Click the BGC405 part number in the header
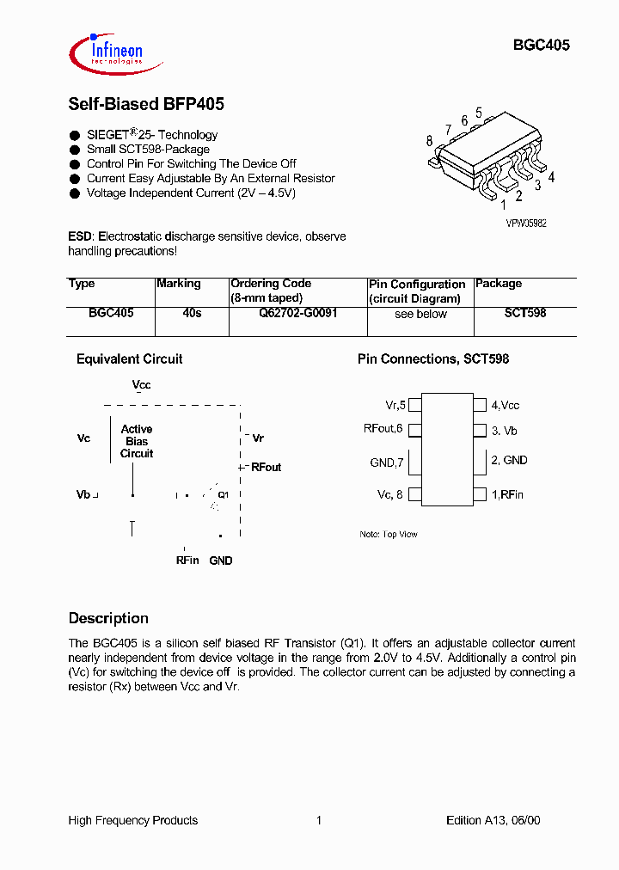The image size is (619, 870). tap(542, 46)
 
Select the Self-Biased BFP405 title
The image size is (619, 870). tap(146, 104)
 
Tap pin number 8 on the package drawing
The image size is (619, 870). tap(429, 141)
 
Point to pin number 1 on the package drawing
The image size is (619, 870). tap(504, 205)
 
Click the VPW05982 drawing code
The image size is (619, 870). tap(526, 223)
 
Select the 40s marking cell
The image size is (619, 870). tap(192, 314)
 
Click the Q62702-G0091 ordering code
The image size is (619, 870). tap(297, 314)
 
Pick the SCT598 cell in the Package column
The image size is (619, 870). tap(524, 314)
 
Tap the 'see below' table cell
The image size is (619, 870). tap(420, 314)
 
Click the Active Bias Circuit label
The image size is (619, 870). tap(137, 441)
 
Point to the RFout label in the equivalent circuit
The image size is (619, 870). tap(266, 468)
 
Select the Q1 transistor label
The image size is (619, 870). tap(223, 494)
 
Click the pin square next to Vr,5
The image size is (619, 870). tap(414, 404)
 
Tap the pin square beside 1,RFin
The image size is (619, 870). tap(480, 494)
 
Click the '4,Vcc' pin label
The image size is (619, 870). tap(506, 405)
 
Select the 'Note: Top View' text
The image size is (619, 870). tap(388, 535)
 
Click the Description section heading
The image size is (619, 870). tap(108, 618)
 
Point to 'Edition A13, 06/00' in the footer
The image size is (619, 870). tap(493, 820)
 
